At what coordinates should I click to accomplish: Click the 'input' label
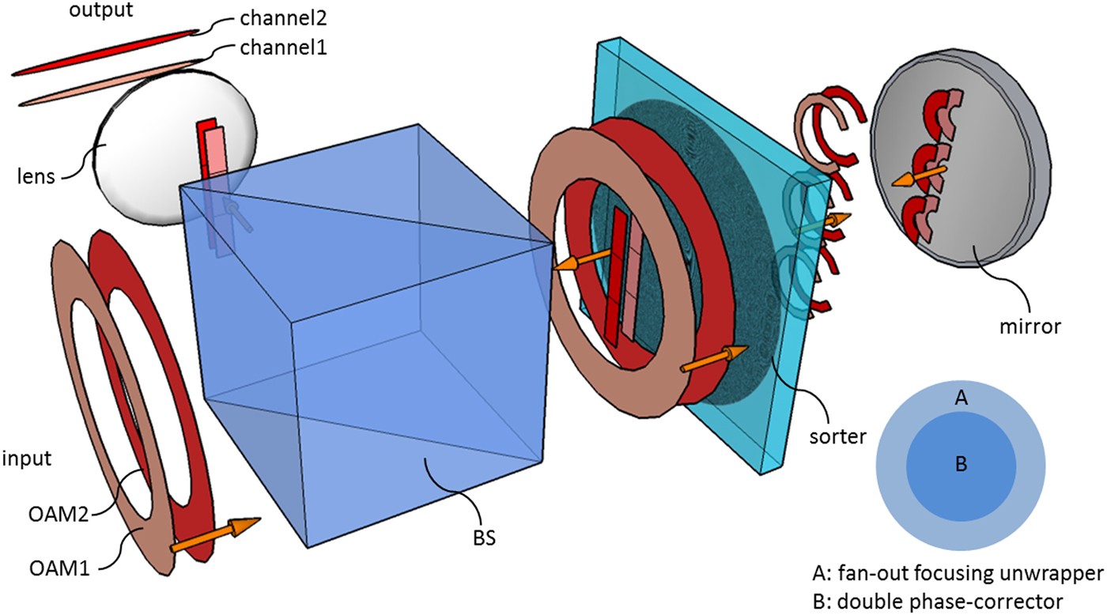[x=29, y=459]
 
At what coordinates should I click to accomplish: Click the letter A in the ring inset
[x=962, y=399]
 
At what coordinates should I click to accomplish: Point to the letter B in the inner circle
[x=962, y=464]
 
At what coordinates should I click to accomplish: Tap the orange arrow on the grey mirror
[x=916, y=175]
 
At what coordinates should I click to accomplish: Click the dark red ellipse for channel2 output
[x=103, y=54]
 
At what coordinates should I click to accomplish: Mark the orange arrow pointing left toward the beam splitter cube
[x=586, y=262]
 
